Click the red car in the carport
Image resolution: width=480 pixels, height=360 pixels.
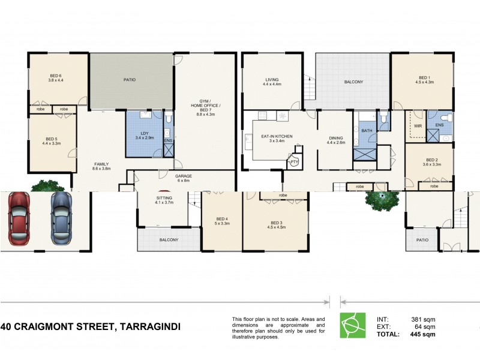pos(20,218)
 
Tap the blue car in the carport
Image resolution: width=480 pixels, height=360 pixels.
pos(60,218)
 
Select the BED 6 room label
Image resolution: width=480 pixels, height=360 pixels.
pos(56,76)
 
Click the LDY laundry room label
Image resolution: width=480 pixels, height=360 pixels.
pos(145,133)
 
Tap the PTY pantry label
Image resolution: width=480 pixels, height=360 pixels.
pos(294,162)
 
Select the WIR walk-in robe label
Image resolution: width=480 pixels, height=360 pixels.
pos(418,125)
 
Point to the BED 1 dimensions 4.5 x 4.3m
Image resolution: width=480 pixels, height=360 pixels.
pos(425,83)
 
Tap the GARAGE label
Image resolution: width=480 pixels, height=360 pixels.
pos(183,176)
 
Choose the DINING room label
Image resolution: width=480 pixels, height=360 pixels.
pos(335,137)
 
